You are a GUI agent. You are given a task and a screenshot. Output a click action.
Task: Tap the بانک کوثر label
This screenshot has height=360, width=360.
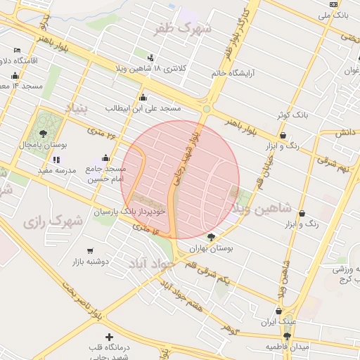coord(291,113)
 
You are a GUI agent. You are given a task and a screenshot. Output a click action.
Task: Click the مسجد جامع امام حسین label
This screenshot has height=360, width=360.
coord(106,174)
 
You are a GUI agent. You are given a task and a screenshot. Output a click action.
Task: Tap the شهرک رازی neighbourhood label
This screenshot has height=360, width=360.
coord(53,222)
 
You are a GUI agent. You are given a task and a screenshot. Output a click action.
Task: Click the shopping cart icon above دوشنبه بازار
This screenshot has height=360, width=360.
coord(90,251)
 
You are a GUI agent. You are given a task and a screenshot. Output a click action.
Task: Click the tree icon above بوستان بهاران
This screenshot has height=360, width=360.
coord(212,237)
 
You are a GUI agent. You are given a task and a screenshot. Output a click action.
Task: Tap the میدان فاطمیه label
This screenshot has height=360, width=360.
coord(288,347)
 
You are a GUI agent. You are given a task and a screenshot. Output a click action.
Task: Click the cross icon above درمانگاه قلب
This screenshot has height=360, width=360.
coord(108,337)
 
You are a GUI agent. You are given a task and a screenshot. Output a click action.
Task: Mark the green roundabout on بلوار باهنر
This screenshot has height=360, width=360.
coord(207,108)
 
